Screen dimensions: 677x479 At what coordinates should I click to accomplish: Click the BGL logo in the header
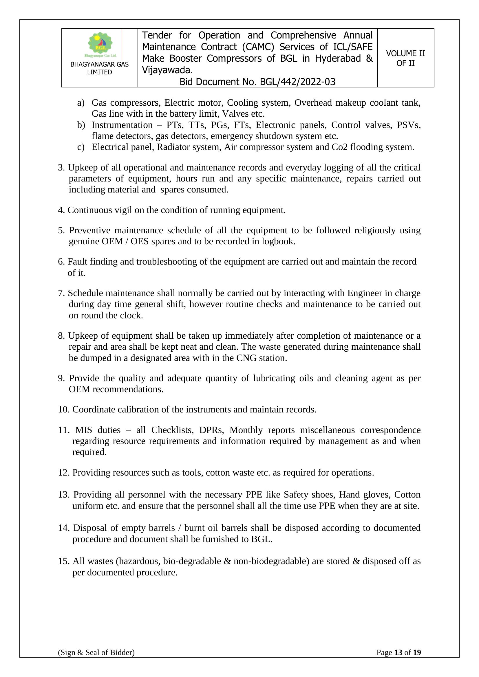pos(100,45)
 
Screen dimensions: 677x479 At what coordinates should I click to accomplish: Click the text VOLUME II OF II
pos(405,58)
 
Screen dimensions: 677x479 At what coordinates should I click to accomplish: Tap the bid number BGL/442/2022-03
pos(297,82)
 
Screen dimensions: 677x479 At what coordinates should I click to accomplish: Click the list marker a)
pos(81,103)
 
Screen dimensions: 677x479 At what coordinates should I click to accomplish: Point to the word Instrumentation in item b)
pos(122,125)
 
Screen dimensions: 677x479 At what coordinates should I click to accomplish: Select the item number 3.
pos(61,168)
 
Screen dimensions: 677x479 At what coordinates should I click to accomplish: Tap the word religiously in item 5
pos(374,230)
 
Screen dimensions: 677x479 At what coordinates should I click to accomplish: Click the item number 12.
pos(64,473)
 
